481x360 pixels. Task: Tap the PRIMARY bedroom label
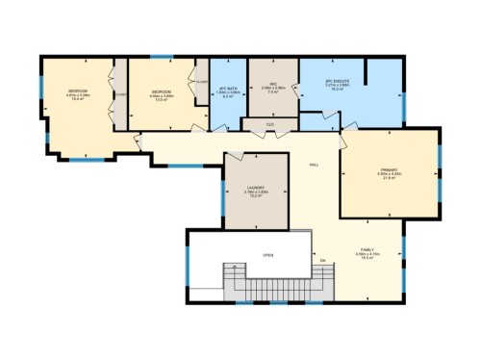click(390, 168)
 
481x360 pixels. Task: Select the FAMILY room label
click(367, 248)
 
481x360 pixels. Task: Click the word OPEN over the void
click(268, 255)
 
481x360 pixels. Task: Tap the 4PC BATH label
click(228, 88)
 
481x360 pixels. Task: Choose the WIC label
click(272, 83)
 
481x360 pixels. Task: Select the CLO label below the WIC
click(272, 123)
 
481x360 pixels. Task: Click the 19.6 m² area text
click(77, 99)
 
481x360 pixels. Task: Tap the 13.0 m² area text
click(162, 99)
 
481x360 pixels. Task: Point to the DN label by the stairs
click(323, 260)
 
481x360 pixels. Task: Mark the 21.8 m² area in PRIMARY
click(390, 178)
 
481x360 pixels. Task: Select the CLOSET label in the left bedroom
click(120, 94)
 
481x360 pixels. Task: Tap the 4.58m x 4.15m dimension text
click(367, 253)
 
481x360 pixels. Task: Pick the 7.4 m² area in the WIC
click(272, 92)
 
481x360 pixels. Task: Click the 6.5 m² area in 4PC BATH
click(228, 97)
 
